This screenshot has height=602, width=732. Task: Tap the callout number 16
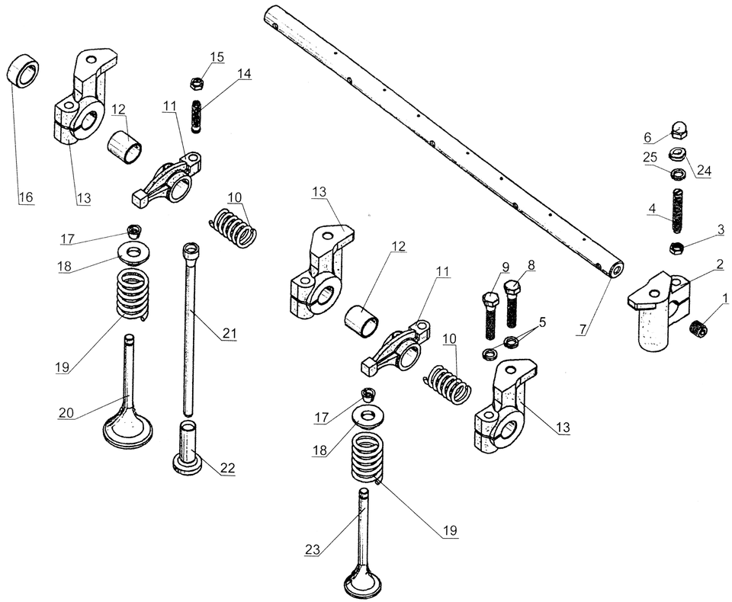pos(26,197)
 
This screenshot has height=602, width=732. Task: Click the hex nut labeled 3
pos(676,247)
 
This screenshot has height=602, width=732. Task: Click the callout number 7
pos(583,330)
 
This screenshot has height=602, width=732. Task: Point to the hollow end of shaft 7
pos(614,269)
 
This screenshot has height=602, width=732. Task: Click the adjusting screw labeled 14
pos(196,116)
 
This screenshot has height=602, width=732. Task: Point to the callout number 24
pos(704,171)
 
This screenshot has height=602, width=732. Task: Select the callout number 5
pos(542,322)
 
